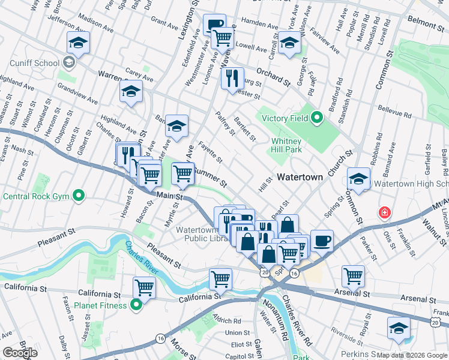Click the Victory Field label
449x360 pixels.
click(281, 118)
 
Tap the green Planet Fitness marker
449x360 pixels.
click(136, 305)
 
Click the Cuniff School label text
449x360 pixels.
click(34, 62)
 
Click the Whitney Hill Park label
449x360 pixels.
click(285, 144)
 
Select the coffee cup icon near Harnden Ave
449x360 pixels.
click(214, 25)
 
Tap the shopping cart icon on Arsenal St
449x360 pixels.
click(353, 276)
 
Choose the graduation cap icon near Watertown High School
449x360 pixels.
click(358, 178)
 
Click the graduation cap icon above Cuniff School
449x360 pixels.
click(78, 42)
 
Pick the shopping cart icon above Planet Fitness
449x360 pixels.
click(144, 287)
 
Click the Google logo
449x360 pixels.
click(20, 353)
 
